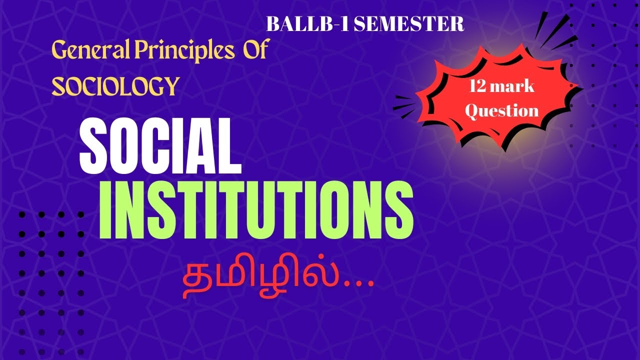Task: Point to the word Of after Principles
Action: coord(255,51)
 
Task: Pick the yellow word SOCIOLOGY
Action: coord(115,86)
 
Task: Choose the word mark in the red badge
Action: coord(515,87)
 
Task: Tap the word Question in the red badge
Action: coord(501,110)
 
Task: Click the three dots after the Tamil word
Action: coord(359,285)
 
